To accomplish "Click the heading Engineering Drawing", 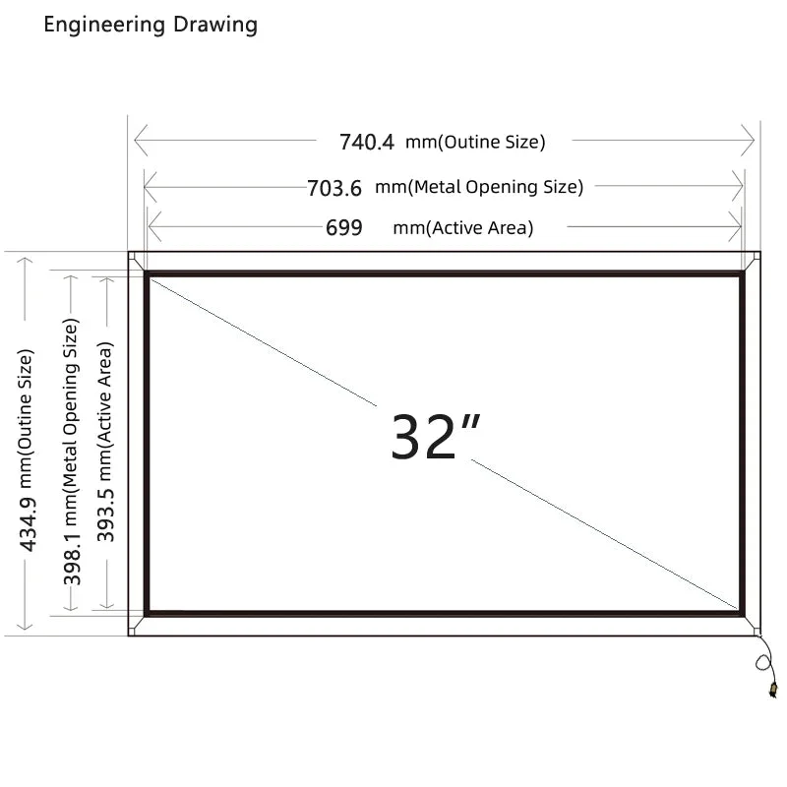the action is click(x=151, y=25).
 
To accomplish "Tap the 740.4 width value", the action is click(x=367, y=142).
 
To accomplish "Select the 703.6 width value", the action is click(x=334, y=188).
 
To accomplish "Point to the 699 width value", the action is click(x=343, y=227).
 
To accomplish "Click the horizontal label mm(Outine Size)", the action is click(x=475, y=142).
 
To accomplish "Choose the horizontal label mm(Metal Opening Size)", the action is click(x=479, y=187).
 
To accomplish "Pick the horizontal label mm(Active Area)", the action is click(x=462, y=228).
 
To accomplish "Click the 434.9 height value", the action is click(x=28, y=524).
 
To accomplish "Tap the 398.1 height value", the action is click(x=72, y=559).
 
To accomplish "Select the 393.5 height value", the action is click(x=106, y=515).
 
